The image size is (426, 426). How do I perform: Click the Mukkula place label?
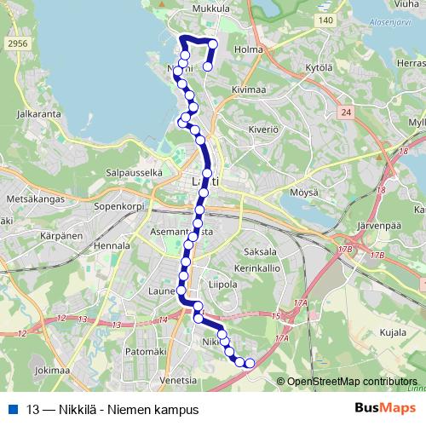(x=212, y=9)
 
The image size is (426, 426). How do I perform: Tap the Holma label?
(x=249, y=49)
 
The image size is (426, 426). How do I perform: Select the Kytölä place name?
(x=317, y=66)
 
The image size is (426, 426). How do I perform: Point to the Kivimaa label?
(x=249, y=87)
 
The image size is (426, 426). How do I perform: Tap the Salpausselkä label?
(x=133, y=172)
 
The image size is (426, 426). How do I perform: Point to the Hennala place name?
(x=111, y=245)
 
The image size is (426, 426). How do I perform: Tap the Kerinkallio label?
(x=258, y=268)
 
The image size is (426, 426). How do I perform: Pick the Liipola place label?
(x=222, y=285)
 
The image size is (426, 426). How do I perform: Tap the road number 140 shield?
(x=322, y=20)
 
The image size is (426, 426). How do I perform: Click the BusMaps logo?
(x=380, y=408)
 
